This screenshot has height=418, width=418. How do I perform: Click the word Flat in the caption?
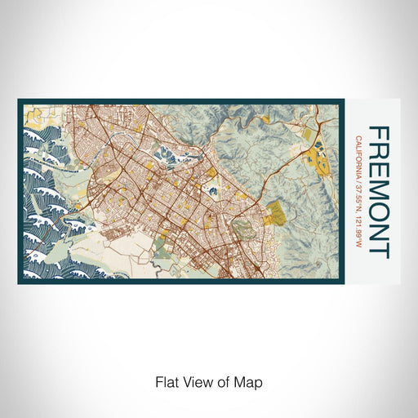[167, 380]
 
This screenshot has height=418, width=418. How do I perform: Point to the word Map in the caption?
[251, 380]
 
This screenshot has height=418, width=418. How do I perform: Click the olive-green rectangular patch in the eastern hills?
[278, 214]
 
